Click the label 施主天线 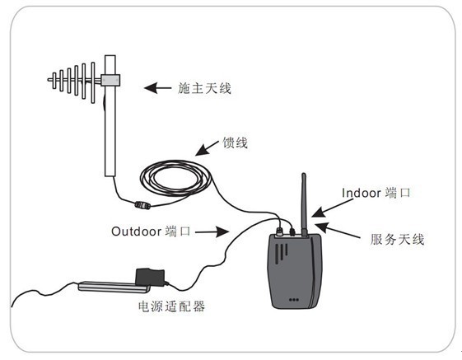204,88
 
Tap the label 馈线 235,143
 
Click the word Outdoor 136,231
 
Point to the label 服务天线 397,240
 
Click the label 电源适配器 171,306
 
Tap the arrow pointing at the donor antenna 157,88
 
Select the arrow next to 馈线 208,148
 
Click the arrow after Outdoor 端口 212,231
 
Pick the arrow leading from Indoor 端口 332,208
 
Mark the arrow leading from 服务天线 338,231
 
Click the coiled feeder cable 175,179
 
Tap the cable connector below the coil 142,205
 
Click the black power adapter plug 150,278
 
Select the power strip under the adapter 114,287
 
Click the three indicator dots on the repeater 294,300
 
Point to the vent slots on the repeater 282,252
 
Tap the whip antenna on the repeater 304,204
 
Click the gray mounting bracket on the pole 110,80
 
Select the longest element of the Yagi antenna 93,82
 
